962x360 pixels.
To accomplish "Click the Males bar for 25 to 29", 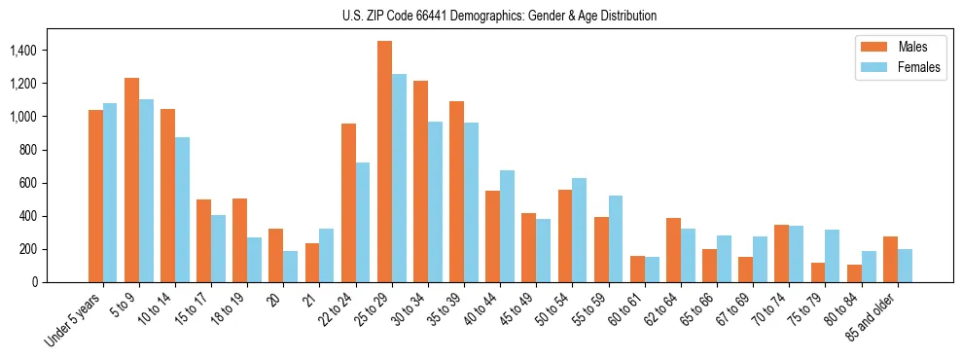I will coord(384,162).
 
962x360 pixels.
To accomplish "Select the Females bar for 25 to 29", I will coord(399,178).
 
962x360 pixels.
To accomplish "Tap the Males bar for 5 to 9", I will coord(131,180).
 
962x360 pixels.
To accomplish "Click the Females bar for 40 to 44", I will coord(507,226).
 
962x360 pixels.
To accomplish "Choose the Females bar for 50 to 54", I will coord(579,230).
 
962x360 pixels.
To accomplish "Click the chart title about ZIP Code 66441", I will coord(499,16).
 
